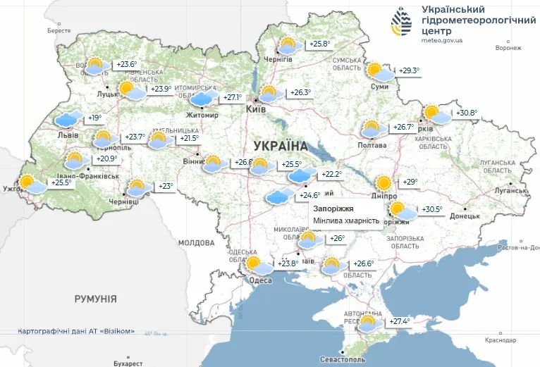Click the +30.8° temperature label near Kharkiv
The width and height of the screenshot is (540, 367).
pyautogui.click(x=467, y=113)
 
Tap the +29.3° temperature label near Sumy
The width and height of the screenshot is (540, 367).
pyautogui.click(x=409, y=70)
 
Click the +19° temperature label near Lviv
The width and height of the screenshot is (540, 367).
pyautogui.click(x=94, y=118)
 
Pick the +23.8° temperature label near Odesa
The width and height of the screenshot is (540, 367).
pyautogui.click(x=288, y=264)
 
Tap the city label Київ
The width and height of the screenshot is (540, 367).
pyautogui.click(x=255, y=110)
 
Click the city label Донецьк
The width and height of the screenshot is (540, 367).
pyautogui.click(x=465, y=216)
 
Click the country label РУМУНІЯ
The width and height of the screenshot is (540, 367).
pyautogui.click(x=95, y=299)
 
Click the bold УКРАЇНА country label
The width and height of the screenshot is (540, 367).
pyautogui.click(x=280, y=146)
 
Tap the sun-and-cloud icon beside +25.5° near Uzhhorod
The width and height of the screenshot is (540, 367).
pyautogui.click(x=30, y=184)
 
